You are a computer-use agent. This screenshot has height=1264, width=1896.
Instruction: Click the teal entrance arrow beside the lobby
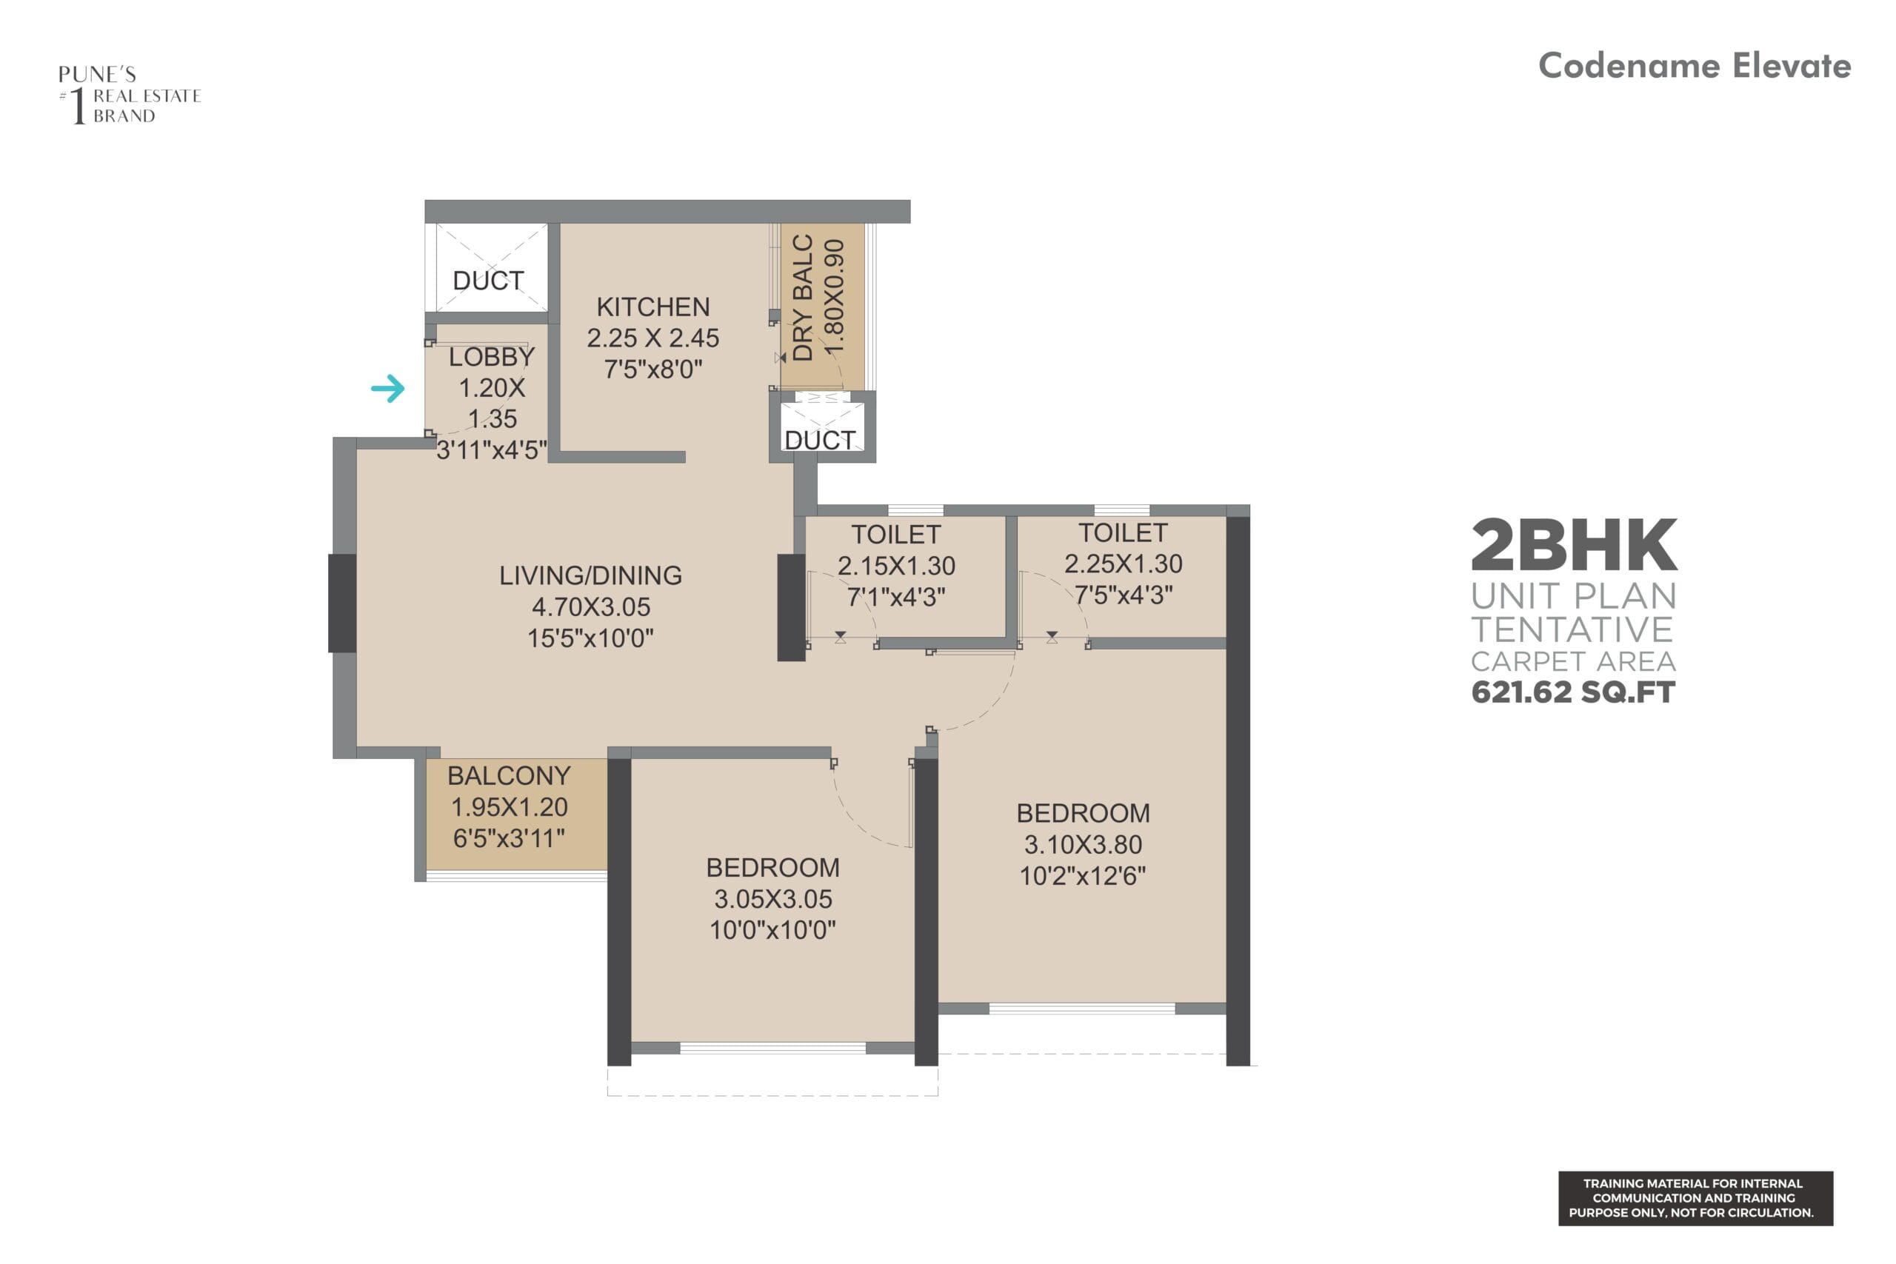[388, 389]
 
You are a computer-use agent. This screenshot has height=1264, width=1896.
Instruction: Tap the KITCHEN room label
[653, 307]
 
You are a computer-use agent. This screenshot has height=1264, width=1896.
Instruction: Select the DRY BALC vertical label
[803, 298]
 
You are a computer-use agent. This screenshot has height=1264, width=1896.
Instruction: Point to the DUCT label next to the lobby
[488, 281]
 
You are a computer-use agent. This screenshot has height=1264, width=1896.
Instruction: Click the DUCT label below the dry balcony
[820, 440]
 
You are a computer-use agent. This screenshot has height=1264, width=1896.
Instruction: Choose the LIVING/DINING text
[590, 575]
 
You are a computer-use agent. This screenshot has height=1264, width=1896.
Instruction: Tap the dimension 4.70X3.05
[590, 607]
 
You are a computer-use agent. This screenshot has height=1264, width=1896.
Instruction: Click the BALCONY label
[509, 775]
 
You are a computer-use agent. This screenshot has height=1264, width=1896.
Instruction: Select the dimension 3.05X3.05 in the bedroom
[772, 899]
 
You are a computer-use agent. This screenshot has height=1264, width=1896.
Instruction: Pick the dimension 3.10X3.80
[1083, 845]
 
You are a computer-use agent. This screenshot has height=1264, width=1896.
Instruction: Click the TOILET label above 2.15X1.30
[895, 535]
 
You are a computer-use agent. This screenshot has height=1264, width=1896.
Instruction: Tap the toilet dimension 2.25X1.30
[1123, 564]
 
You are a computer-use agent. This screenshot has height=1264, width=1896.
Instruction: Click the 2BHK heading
[1574, 546]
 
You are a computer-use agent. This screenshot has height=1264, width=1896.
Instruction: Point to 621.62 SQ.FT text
[1573, 692]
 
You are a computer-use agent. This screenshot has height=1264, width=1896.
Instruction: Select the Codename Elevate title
[1694, 66]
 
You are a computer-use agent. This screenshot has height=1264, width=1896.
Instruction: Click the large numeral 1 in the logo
[79, 106]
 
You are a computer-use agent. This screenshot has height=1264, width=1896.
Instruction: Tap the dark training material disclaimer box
[1695, 1199]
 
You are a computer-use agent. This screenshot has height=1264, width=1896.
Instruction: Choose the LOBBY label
[491, 356]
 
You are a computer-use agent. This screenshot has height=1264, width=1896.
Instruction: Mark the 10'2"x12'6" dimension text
[1083, 876]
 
